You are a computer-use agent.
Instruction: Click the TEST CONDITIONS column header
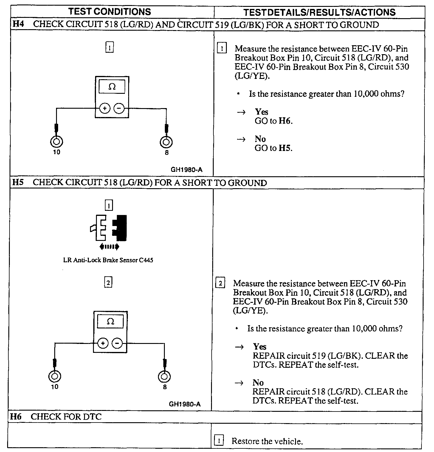click(110, 12)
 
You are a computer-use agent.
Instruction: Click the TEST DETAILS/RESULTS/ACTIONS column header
click(319, 12)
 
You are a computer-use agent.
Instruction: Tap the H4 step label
click(18, 24)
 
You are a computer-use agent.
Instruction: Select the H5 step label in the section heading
click(18, 182)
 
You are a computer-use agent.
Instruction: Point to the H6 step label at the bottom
click(16, 417)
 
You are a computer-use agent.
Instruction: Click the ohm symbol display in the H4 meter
click(112, 87)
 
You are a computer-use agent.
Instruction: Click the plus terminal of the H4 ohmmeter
click(105, 109)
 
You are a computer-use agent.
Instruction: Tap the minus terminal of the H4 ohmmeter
click(119, 109)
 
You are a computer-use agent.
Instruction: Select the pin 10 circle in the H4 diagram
click(56, 141)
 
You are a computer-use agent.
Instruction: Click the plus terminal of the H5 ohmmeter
click(103, 344)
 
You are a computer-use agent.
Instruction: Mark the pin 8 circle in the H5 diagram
click(164, 377)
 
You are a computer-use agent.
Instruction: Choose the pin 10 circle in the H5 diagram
click(55, 376)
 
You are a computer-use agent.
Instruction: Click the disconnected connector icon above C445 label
click(109, 228)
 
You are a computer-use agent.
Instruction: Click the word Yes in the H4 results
click(261, 112)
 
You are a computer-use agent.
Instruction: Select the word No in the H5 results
click(258, 383)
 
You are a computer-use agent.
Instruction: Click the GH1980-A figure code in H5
click(185, 404)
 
